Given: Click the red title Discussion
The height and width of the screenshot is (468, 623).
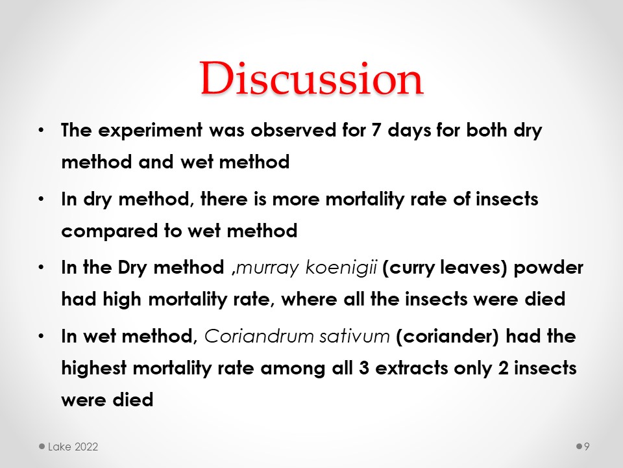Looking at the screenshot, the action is (311, 78).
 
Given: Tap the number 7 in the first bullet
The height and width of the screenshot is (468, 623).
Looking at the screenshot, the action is (376, 130).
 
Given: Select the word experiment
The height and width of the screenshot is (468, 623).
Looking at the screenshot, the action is (150, 131).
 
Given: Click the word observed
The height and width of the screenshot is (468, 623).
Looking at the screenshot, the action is (293, 130).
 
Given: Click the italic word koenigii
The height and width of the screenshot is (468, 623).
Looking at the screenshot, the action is (341, 267).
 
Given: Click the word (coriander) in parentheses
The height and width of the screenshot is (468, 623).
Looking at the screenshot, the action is (447, 336).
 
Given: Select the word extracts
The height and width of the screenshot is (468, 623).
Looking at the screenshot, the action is (411, 369).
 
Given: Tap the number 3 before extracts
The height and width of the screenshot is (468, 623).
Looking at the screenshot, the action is (364, 369).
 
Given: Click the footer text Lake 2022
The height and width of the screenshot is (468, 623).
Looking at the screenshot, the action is (73, 447).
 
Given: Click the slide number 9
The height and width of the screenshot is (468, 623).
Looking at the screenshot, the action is (587, 447).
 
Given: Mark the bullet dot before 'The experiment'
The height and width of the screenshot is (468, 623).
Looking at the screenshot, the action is (41, 130).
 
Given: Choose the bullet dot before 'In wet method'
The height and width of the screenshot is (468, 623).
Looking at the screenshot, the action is (41, 336).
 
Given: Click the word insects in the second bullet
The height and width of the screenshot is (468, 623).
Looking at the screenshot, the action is (507, 199).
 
